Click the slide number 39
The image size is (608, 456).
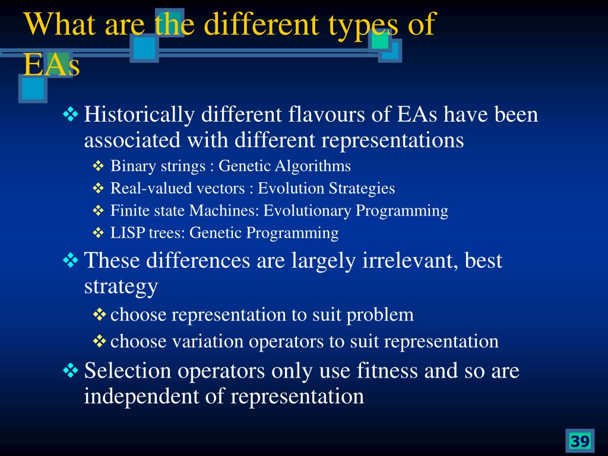click(579, 441)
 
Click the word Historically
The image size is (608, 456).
click(139, 115)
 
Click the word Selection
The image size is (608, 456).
click(128, 370)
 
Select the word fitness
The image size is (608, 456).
click(387, 370)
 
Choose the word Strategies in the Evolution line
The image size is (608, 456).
click(362, 188)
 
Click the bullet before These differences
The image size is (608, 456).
click(71, 260)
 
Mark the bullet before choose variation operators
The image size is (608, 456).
click(100, 341)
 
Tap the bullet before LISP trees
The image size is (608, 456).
click(99, 233)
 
